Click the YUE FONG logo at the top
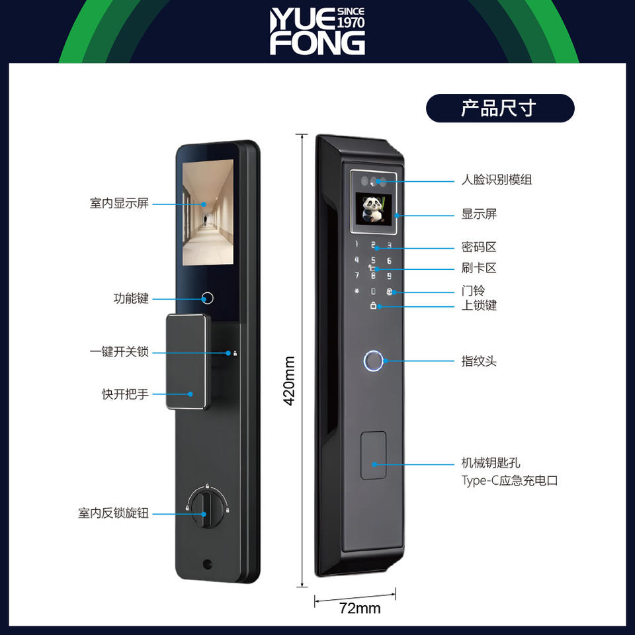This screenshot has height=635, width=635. (317, 31)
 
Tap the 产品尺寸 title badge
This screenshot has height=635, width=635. (499, 108)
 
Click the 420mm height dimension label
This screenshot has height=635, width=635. (289, 381)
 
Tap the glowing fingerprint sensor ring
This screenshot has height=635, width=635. (373, 361)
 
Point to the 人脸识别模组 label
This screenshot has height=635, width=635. (496, 179)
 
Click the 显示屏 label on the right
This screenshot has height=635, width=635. (478, 214)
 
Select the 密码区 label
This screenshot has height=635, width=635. (478, 247)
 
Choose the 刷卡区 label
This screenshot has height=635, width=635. (478, 268)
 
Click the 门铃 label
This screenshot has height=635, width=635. (472, 290)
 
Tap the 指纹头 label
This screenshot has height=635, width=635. (478, 361)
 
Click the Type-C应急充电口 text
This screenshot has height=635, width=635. (509, 481)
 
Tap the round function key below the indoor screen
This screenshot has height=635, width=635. (207, 298)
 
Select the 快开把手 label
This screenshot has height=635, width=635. (125, 394)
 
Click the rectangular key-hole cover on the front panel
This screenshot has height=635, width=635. (373, 456)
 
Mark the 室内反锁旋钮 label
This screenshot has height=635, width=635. (113, 513)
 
